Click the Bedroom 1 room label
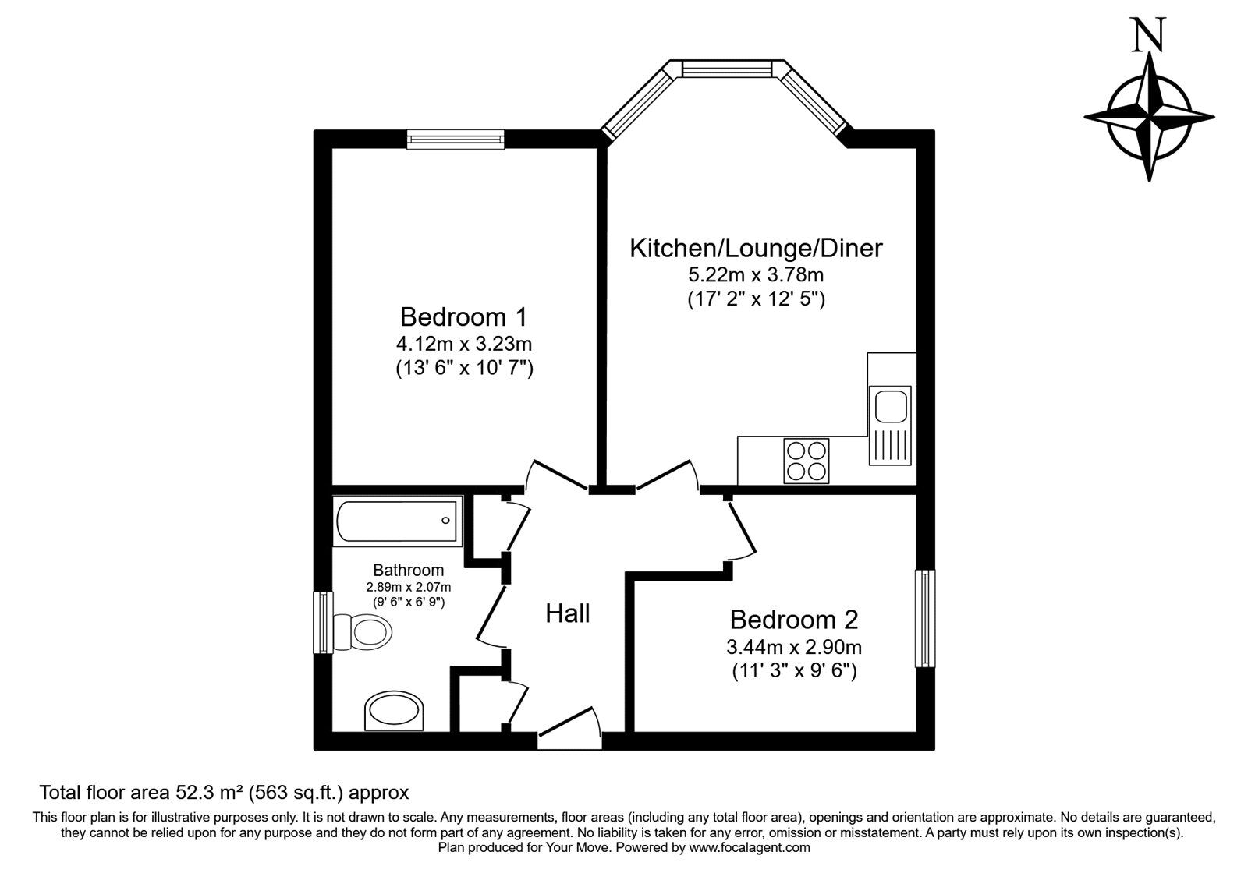pyautogui.click(x=463, y=317)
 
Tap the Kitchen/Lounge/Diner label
pyautogui.click(x=755, y=249)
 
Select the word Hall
pyautogui.click(x=567, y=613)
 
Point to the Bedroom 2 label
pyautogui.click(x=793, y=620)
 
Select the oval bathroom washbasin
pyautogui.click(x=395, y=710)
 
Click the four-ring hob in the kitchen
pyautogui.click(x=806, y=461)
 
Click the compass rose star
pyautogui.click(x=1149, y=117)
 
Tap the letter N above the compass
pyautogui.click(x=1149, y=36)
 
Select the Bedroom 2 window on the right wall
pyautogui.click(x=924, y=618)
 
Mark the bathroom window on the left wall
pyautogui.click(x=323, y=622)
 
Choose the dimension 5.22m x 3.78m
pyautogui.click(x=755, y=274)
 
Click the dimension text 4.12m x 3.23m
pyautogui.click(x=463, y=343)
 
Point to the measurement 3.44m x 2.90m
pyautogui.click(x=793, y=646)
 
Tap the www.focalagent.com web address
pyautogui.click(x=750, y=847)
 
